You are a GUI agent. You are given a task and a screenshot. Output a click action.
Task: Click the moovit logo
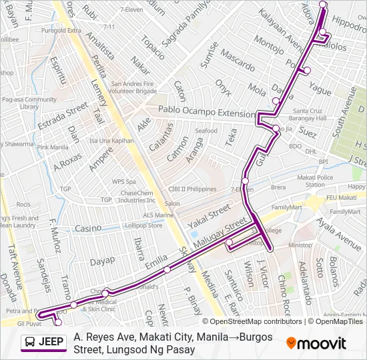[x=316, y=343]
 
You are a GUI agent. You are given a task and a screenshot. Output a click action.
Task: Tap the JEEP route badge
[x=45, y=343]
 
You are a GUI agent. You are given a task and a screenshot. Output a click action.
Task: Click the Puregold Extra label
[x=61, y=31]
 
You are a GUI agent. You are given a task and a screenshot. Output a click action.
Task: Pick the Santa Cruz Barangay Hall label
[x=309, y=114]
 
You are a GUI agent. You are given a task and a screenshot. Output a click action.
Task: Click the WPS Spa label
[x=123, y=181]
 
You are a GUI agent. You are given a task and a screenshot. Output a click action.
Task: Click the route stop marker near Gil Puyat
[x=58, y=323]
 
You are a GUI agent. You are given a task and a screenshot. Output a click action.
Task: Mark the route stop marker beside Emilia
[x=167, y=269]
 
